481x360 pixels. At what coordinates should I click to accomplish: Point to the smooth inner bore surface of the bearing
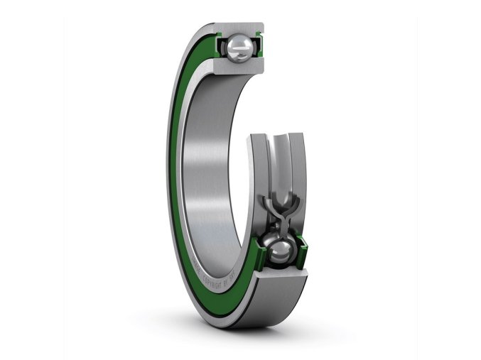(213, 163)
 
